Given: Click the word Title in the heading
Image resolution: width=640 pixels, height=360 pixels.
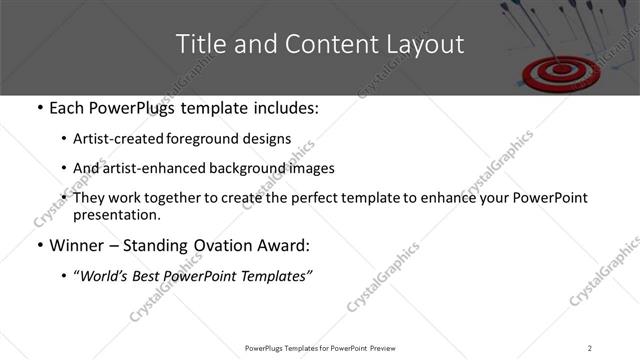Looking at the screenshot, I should (198, 44).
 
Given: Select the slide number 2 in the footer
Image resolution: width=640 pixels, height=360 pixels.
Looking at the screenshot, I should (589, 348).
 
